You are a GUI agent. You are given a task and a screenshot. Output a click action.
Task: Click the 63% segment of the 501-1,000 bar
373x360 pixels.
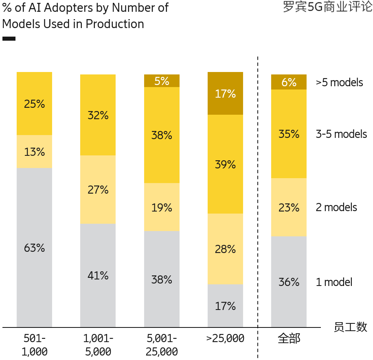point(34,247)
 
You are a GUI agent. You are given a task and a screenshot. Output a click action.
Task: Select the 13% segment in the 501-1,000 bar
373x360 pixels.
point(34,152)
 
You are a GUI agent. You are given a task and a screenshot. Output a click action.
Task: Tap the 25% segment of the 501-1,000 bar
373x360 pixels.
point(34,104)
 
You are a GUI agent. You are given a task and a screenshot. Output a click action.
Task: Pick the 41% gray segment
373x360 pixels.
point(98,275)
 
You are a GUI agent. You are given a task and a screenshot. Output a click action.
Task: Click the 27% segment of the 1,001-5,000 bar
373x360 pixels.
point(98,190)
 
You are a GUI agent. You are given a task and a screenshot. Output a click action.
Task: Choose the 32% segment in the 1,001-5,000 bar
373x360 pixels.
point(98,115)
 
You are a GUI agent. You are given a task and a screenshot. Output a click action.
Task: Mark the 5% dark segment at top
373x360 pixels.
point(162,81)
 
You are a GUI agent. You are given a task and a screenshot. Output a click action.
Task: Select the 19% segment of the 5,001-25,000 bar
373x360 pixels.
point(162,207)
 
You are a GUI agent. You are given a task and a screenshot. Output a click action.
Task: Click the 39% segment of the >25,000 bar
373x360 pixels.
point(225,164)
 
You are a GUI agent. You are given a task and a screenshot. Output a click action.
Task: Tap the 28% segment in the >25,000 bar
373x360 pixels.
point(225,249)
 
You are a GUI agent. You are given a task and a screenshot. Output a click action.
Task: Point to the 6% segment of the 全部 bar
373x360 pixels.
point(289,82)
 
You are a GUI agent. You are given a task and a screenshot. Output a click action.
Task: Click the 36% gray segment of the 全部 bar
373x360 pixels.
point(289,281)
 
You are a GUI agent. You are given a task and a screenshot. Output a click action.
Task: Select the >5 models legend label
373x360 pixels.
point(339,83)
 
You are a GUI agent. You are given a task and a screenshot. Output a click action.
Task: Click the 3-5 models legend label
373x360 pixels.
point(341,134)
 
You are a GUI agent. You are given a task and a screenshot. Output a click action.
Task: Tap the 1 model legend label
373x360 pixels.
point(334,282)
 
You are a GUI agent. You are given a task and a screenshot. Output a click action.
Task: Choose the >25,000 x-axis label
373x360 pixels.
point(225,338)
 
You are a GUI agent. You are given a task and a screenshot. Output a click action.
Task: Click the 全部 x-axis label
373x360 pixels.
point(289,338)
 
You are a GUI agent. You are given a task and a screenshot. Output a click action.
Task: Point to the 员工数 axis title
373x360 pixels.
point(350,327)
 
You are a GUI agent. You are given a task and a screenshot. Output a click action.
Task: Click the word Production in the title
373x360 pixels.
point(115,24)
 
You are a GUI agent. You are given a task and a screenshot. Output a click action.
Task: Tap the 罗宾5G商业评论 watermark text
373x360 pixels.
point(327,8)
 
